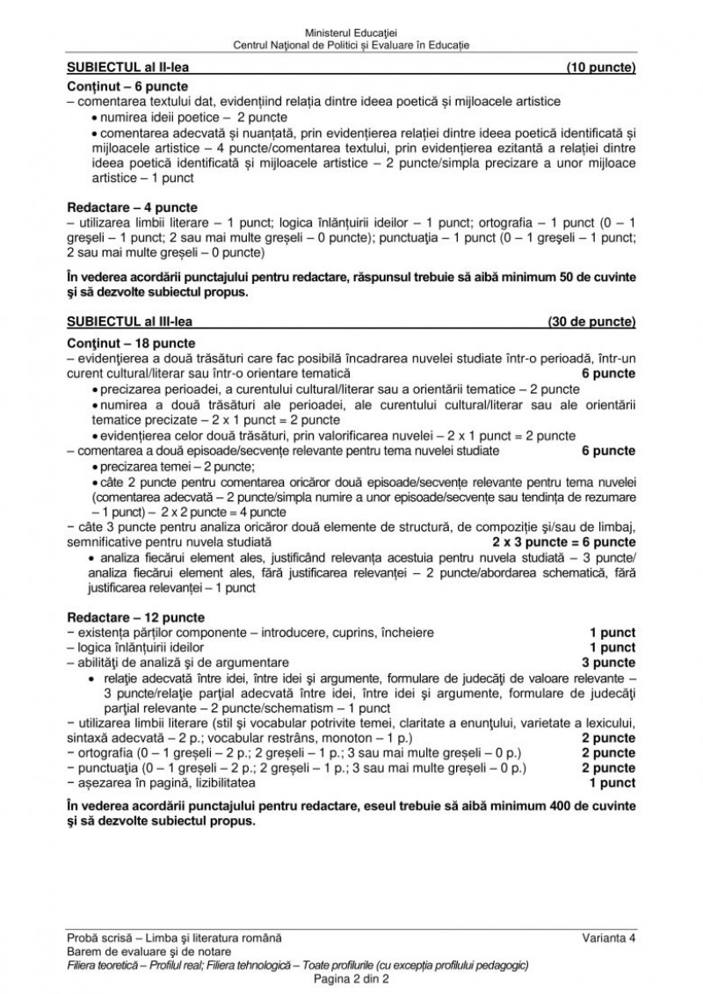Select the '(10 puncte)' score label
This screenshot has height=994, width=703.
click(601, 68)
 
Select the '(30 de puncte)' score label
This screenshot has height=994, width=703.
click(591, 320)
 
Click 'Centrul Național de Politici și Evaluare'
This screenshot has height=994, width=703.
click(351, 44)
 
